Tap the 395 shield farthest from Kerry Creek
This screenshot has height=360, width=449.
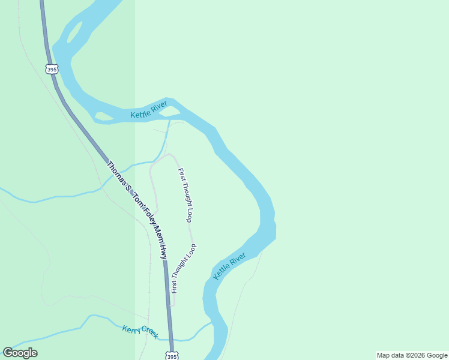51,69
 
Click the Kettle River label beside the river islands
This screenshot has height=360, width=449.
149,110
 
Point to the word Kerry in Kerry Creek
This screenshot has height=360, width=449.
131,329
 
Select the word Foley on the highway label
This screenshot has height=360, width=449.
146,215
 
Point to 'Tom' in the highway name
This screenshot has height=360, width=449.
136,199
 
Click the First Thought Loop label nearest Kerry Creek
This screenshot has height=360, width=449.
183,268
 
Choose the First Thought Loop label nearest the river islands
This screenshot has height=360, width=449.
185,195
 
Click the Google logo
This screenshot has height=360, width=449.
20,353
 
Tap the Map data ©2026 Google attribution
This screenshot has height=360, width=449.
412,355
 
